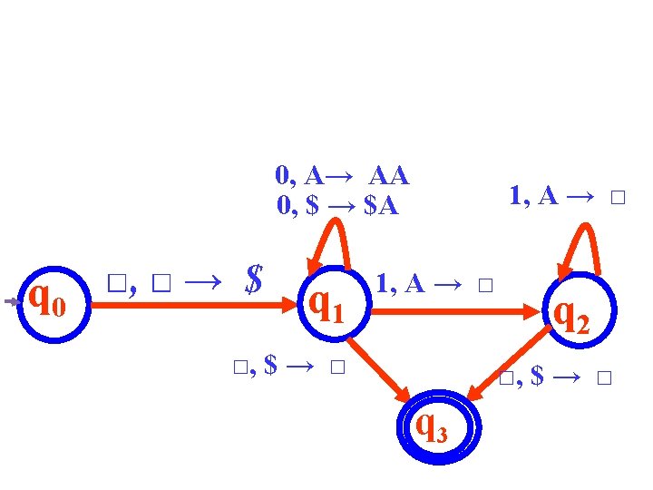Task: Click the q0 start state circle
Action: tap(54, 303)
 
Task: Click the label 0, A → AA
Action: tap(343, 174)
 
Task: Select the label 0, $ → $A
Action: tap(337, 206)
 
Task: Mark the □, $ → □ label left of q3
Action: tap(289, 367)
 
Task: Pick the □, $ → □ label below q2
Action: tap(556, 376)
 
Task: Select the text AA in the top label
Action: tap(389, 174)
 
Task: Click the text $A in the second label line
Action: tap(380, 206)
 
